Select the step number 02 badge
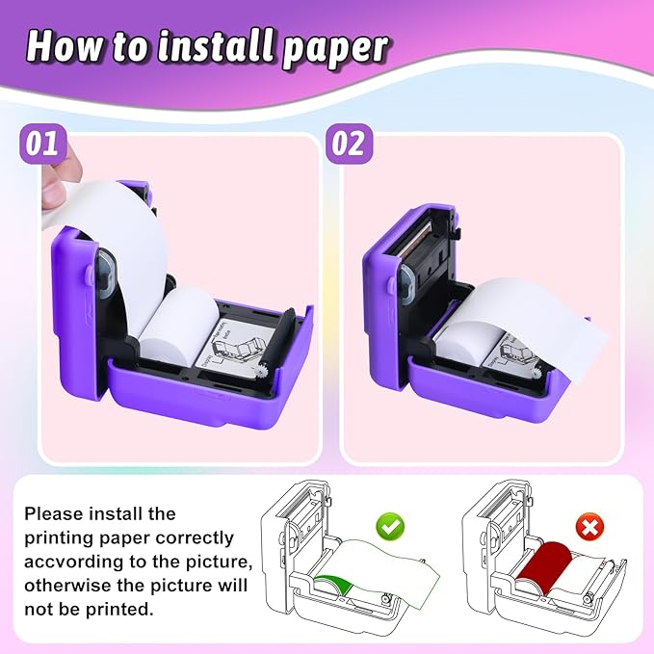349,144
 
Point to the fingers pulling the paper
52,192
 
